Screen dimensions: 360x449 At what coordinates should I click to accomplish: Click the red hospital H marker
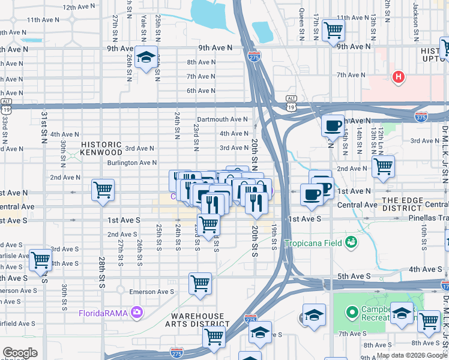[x=397, y=77]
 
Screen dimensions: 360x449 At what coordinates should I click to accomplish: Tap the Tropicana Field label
[x=314, y=243]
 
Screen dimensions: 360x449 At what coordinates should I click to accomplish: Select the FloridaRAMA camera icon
[x=137, y=312]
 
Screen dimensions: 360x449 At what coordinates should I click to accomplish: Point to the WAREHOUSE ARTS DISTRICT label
[x=198, y=320]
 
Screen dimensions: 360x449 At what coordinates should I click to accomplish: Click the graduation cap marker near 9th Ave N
[x=146, y=57]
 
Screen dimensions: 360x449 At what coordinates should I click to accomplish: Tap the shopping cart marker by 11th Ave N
[x=333, y=30]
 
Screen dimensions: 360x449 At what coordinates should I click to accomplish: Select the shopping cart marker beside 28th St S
[x=103, y=190]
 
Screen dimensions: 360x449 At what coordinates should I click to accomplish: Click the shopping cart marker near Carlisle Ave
[x=40, y=260]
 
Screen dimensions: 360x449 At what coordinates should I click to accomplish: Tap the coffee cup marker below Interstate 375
[x=332, y=125]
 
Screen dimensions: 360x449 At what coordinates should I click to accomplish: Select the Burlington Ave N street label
[x=131, y=163]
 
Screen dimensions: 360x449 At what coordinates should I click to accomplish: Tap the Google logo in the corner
[x=20, y=353]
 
